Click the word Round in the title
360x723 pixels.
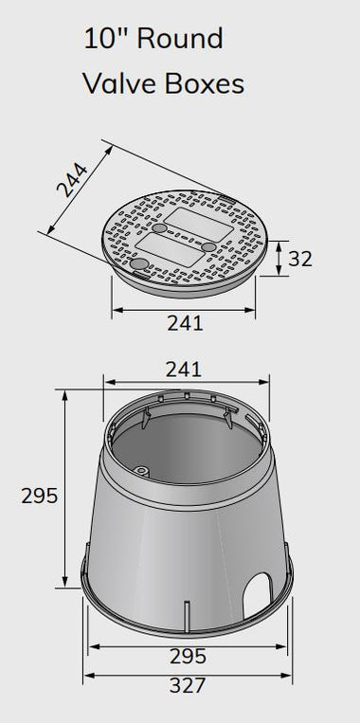tap(179, 39)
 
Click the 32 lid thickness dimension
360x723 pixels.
tap(299, 258)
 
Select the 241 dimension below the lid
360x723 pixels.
tap(185, 322)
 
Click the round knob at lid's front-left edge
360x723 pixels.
tap(139, 265)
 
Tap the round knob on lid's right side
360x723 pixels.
tap(207, 247)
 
